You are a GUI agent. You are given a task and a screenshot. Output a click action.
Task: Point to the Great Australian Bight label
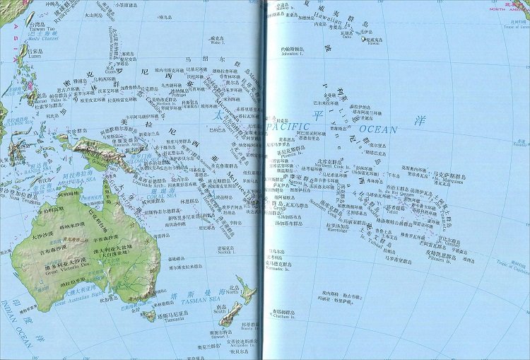coord(78,303)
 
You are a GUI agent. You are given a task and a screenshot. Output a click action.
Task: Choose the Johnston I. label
coord(292,54)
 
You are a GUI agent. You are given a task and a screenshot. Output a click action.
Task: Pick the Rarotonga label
coord(337,228)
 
